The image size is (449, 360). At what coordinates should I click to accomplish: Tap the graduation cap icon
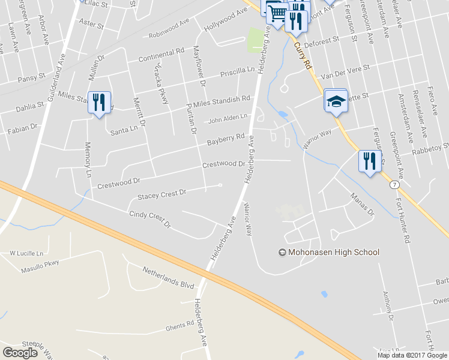click(336, 101)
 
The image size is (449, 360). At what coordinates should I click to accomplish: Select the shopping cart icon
click(277, 13)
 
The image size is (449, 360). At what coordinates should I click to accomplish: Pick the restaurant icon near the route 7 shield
click(369, 161)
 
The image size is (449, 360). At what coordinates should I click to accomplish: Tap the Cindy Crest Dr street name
click(149, 220)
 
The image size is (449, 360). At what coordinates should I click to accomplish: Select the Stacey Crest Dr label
click(162, 194)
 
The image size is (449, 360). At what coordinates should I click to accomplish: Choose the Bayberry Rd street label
click(226, 140)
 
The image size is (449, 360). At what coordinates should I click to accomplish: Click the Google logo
click(20, 352)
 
